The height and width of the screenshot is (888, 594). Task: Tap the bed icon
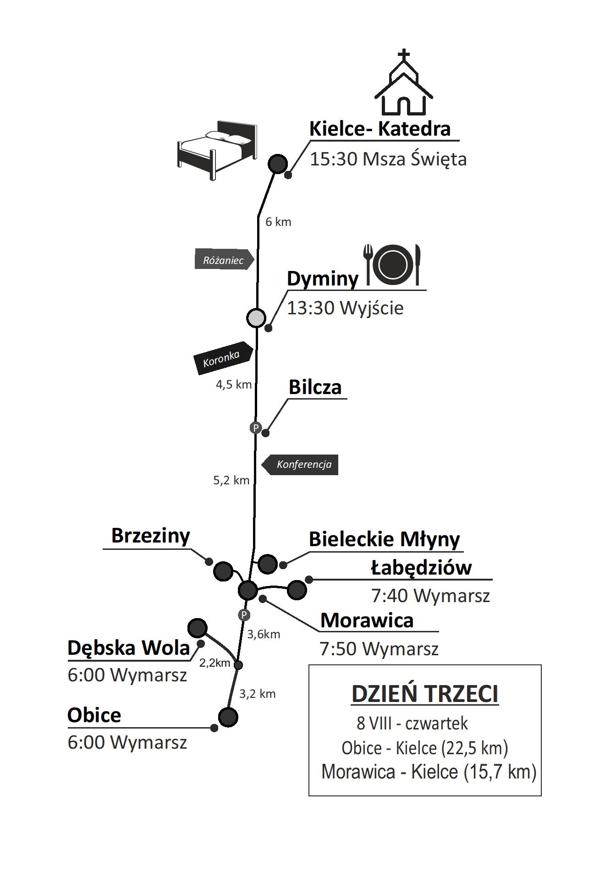[216, 149]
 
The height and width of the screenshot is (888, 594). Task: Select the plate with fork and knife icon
[393, 264]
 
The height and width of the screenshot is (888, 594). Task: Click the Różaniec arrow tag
[224, 260]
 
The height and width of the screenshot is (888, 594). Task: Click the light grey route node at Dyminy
[256, 318]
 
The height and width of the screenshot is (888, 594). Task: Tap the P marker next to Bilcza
[255, 428]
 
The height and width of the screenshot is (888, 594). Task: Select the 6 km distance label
[278, 222]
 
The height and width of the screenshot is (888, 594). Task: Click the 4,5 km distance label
[234, 384]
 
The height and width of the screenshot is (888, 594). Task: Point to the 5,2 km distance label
[231, 480]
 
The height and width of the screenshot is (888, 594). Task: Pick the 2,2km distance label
[214, 663]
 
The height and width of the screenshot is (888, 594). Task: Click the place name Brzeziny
[150, 535]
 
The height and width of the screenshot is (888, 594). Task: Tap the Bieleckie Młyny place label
[384, 539]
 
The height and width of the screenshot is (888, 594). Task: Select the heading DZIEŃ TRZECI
[424, 693]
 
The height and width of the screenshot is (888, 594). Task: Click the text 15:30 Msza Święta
[388, 159]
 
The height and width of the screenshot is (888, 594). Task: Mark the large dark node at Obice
[228, 717]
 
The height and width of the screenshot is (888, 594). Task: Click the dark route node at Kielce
[277, 164]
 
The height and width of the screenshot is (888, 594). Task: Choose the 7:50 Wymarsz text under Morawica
[379, 648]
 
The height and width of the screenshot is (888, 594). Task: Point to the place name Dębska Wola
[128, 648]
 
